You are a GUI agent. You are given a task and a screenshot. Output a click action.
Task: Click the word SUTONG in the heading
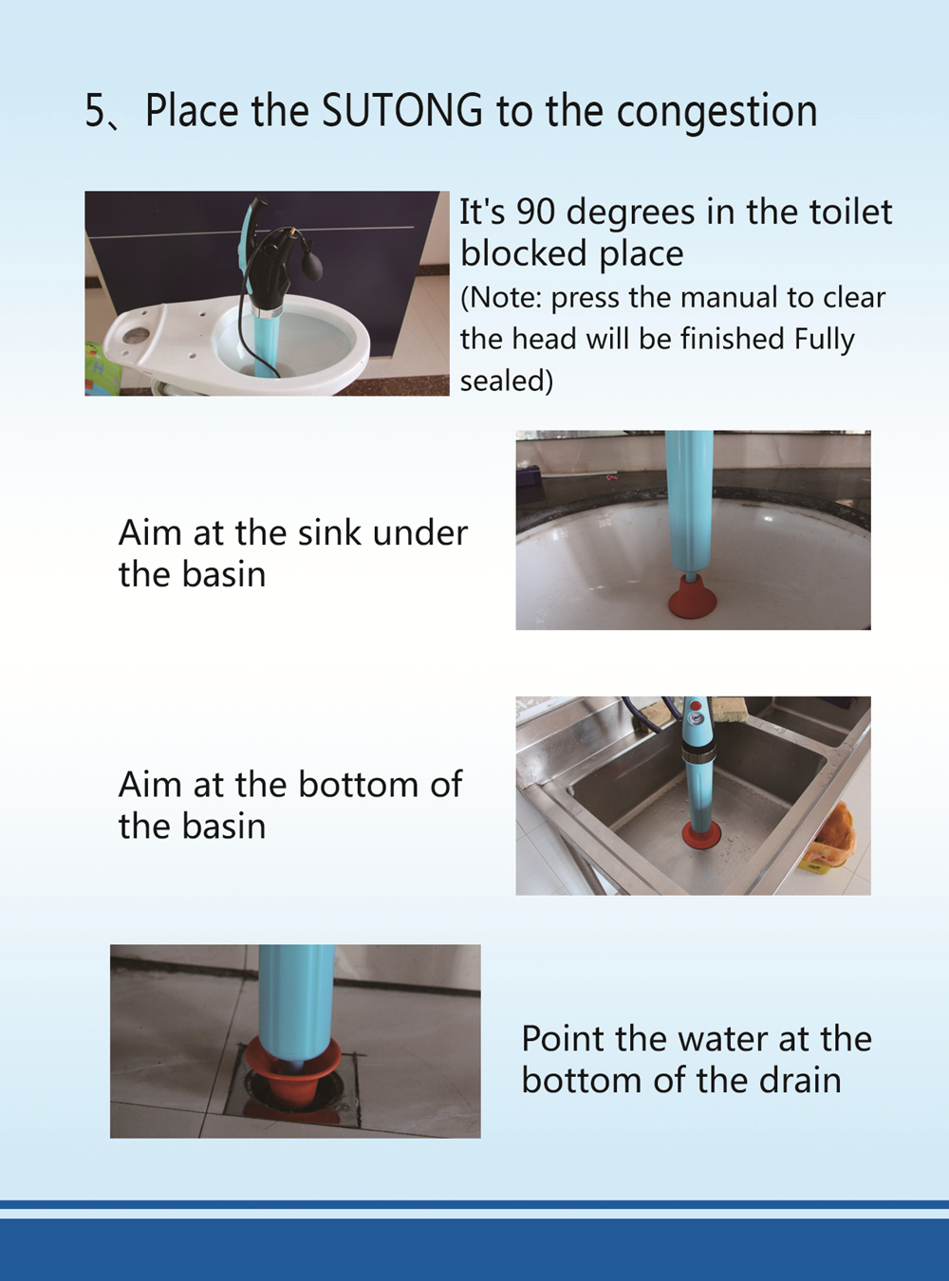[x=402, y=110]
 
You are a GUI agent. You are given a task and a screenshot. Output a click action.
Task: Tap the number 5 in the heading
[x=95, y=110]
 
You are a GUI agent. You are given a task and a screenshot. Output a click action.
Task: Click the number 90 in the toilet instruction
[x=536, y=212]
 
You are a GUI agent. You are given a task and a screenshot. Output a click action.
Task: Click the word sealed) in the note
[x=507, y=381]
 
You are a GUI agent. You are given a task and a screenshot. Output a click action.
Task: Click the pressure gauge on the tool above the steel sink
[x=697, y=721]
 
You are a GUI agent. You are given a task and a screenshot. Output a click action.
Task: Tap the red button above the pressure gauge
[x=696, y=706]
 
